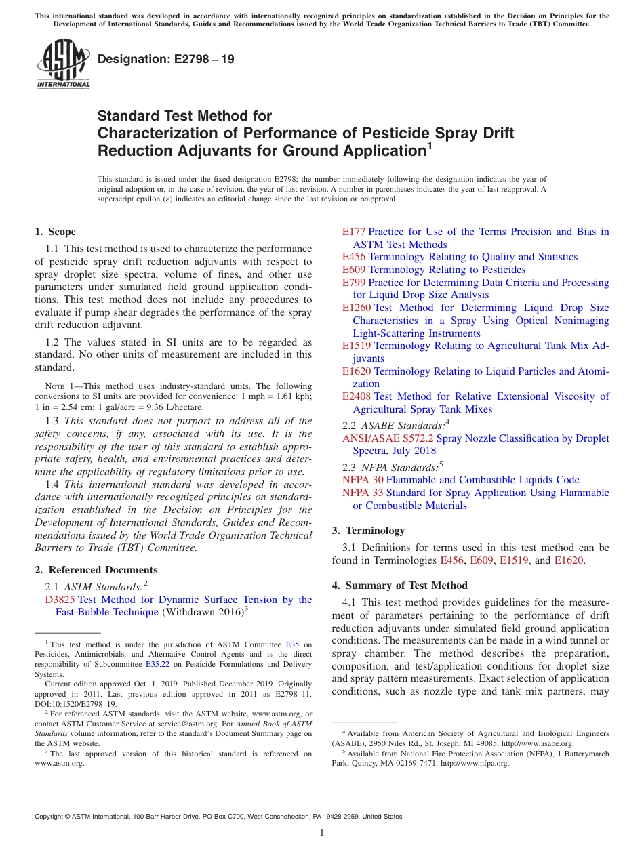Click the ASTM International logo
(64, 64)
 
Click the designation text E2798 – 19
(166, 60)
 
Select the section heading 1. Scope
(56, 232)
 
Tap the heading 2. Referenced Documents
(96, 570)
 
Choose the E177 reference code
(354, 232)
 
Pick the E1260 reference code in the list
(357, 308)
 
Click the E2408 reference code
(357, 396)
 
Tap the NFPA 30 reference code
(363, 480)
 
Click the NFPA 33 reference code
(363, 493)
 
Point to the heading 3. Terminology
(368, 531)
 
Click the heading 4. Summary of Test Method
(399, 586)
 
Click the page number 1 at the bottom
(322, 832)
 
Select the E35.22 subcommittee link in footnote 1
(155, 665)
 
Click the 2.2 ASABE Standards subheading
(394, 426)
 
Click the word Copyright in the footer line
(52, 817)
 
